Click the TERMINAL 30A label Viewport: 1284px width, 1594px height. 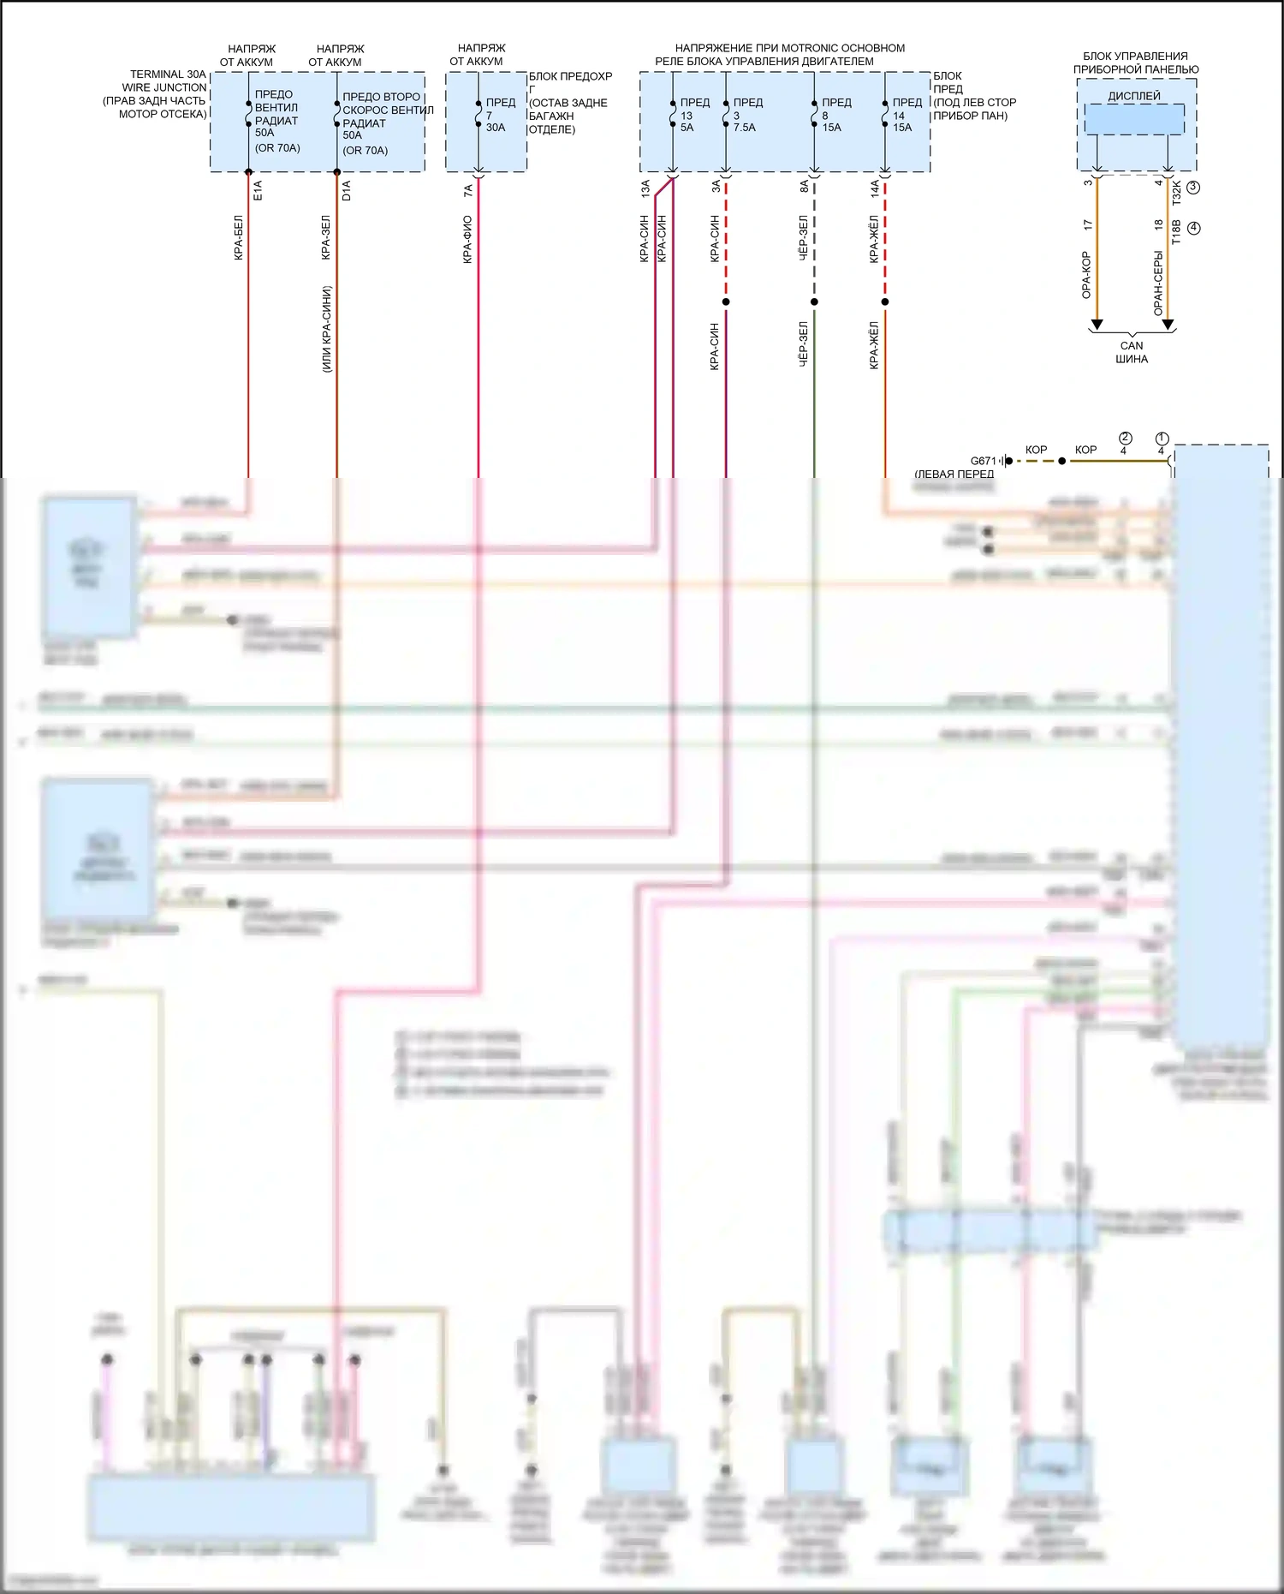168,75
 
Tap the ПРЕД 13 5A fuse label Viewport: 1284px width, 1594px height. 694,115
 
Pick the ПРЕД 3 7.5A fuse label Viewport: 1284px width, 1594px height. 746,115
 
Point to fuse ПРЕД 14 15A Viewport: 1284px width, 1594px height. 906,115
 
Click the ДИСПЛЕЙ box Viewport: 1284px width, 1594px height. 1134,117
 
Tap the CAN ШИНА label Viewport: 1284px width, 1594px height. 1132,352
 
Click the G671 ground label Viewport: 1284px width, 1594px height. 984,461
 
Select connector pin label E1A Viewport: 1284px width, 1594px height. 259,190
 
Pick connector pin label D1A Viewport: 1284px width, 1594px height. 347,190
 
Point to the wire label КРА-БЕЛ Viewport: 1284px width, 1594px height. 239,237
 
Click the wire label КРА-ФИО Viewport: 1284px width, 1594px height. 467,239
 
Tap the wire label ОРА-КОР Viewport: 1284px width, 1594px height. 1086,275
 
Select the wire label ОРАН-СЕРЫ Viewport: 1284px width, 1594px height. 1158,283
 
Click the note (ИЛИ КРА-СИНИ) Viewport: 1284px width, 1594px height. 327,329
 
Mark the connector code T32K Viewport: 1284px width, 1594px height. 1177,192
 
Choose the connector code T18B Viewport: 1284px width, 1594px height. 1177,231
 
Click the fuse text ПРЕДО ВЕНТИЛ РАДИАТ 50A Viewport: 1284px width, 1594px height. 276,114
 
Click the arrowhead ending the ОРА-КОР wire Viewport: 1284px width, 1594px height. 1097,325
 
